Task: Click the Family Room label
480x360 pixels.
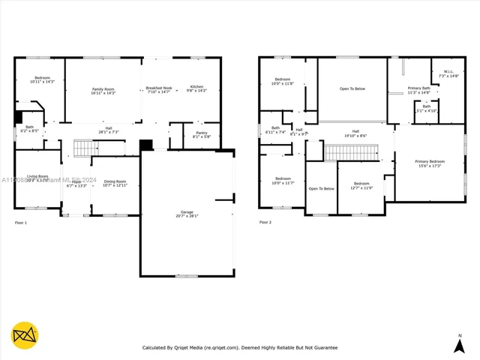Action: (103, 91)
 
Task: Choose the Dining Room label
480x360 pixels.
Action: (115, 182)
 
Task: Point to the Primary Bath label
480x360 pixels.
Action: (418, 90)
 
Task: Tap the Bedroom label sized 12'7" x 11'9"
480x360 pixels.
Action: (361, 185)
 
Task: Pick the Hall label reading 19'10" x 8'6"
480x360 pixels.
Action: (355, 133)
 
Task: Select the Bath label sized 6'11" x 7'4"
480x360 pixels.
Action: (275, 130)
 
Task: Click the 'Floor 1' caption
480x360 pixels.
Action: (21, 223)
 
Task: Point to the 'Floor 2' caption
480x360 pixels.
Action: (265, 222)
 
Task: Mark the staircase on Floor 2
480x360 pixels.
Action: (349, 152)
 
